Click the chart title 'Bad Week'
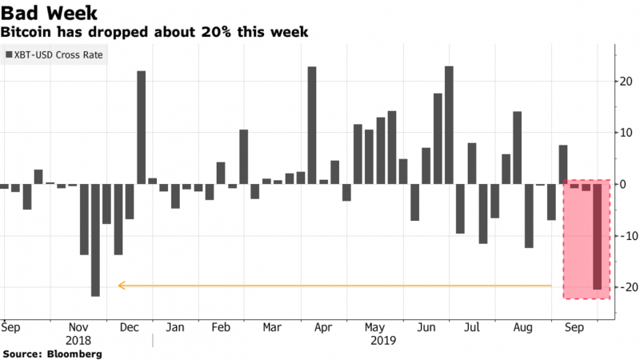click(x=50, y=14)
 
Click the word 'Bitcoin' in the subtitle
click(x=27, y=32)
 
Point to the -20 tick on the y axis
click(x=622, y=287)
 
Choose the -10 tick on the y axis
click(x=622, y=236)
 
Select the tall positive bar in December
click(x=141, y=127)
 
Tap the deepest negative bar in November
click(x=95, y=240)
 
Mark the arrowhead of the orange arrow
click(x=121, y=285)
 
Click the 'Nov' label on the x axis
click(x=77, y=327)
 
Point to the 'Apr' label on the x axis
click(x=322, y=327)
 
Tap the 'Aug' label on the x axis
click(x=522, y=327)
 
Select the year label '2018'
click(x=77, y=340)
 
